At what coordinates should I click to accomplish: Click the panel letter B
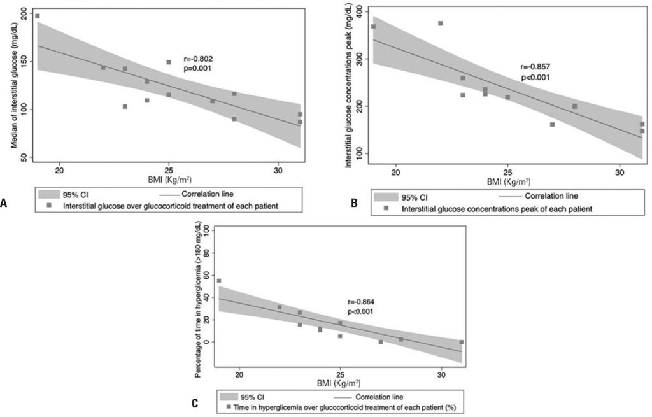tap(354, 203)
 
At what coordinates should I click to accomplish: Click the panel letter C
tap(194, 403)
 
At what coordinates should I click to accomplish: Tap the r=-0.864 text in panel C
tap(359, 302)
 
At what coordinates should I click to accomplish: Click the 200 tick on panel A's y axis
tap(24, 13)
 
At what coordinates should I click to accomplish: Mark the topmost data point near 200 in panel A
tap(37, 16)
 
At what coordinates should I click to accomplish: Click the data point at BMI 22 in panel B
tap(440, 24)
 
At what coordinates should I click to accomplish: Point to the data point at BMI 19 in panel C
tap(219, 281)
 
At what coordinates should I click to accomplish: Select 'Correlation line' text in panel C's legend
tap(379, 396)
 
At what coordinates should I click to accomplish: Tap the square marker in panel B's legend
tap(386, 208)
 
